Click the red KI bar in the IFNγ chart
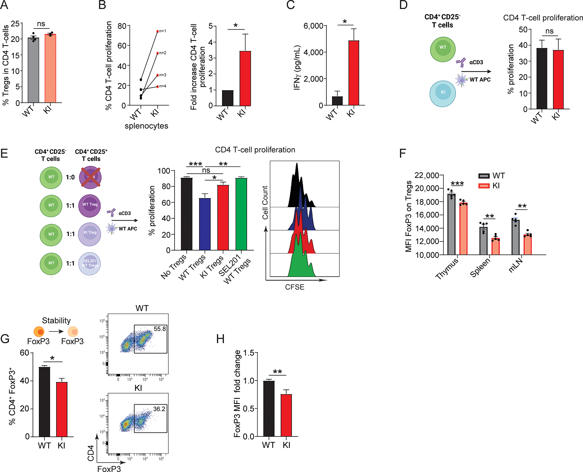(x=354, y=73)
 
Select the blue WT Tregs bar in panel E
(x=205, y=224)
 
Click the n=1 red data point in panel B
(x=158, y=31)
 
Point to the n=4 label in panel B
(x=163, y=86)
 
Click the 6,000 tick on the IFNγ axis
(x=313, y=26)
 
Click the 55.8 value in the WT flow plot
(x=160, y=329)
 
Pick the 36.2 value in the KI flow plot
(x=159, y=409)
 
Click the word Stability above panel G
(x=56, y=320)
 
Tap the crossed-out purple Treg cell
(x=91, y=177)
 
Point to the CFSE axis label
(x=295, y=287)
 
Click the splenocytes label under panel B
(x=146, y=126)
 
